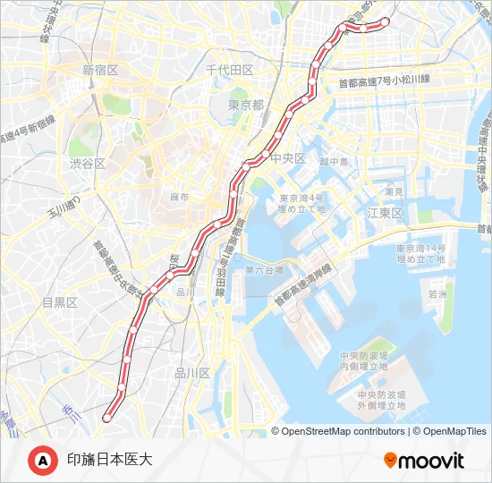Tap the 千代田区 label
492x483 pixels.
230,70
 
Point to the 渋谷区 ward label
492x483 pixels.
88,164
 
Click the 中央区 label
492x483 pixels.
288,158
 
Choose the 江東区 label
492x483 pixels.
386,213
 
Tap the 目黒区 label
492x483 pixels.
60,302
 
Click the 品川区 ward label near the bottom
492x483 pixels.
191,373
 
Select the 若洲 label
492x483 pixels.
437,292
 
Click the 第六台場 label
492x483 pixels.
264,268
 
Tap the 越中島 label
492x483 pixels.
333,162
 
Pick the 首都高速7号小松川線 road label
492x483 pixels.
384,80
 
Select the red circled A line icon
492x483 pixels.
43,460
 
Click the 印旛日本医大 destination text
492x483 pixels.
110,460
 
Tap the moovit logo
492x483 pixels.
424,461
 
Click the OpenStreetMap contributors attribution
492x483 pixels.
343,431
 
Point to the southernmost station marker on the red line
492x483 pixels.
107,417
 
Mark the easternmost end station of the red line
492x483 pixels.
386,21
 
